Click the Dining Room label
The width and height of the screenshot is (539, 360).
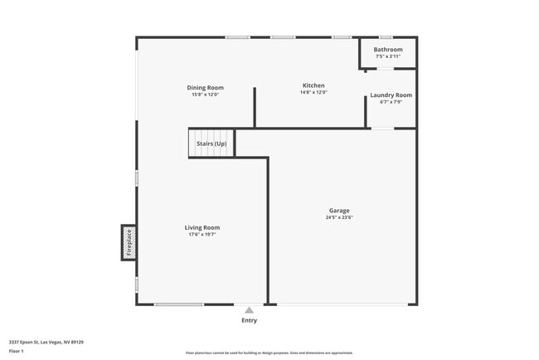(x=205, y=88)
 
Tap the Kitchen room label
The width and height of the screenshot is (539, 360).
(x=313, y=85)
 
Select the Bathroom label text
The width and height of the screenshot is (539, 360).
(x=388, y=50)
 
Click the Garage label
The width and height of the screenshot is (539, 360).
(x=339, y=211)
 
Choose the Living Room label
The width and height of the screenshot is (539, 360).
(x=202, y=227)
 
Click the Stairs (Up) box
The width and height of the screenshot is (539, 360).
(x=211, y=144)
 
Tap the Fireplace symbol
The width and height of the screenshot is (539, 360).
(x=129, y=242)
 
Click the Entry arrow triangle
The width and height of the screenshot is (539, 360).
(x=249, y=310)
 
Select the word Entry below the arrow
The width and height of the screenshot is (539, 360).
(x=249, y=320)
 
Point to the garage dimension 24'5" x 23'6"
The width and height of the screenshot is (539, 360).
(x=340, y=218)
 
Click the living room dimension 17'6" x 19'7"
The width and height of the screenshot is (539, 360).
(x=202, y=235)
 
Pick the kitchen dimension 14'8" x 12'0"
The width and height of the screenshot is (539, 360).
(x=313, y=92)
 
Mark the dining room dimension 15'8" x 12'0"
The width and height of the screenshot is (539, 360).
(x=205, y=95)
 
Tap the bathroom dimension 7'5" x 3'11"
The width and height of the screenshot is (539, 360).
(x=388, y=56)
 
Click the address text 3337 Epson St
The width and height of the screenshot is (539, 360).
(x=46, y=342)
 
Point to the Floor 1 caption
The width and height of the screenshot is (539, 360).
(x=17, y=351)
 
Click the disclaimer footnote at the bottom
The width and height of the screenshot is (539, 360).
(x=269, y=353)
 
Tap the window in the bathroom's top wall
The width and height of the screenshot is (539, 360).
(x=385, y=37)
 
